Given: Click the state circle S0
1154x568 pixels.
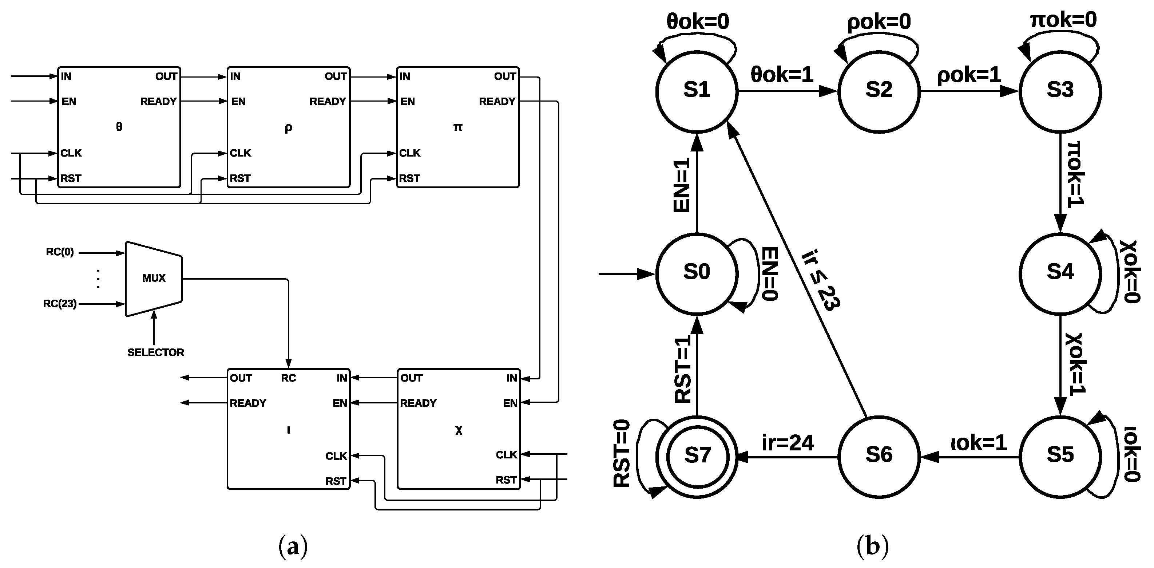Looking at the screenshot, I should point(697,273).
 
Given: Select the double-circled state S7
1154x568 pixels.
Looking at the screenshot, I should point(697,456).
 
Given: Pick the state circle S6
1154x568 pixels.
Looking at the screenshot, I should point(879,456).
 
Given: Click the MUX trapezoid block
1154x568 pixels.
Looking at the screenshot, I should point(154,279).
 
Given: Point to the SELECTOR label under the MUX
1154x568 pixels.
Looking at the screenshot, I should point(155,352).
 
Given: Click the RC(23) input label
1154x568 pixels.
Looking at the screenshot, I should point(60,304).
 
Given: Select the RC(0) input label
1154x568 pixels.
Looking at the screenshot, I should point(60,252).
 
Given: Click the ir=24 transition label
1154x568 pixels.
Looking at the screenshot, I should point(787,443).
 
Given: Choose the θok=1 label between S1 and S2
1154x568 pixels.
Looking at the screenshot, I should point(782,74).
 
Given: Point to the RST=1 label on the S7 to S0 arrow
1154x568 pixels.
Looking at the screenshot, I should point(683,370).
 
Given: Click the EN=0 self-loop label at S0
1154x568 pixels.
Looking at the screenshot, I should point(770,273).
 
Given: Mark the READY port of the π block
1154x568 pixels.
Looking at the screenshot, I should point(497,102).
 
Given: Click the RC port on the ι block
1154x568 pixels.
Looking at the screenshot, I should point(288,378).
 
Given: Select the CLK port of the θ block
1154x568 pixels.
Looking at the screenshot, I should point(71,153).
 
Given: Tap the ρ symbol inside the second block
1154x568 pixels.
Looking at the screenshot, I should point(288,128).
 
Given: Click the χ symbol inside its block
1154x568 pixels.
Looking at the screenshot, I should point(458,431).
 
